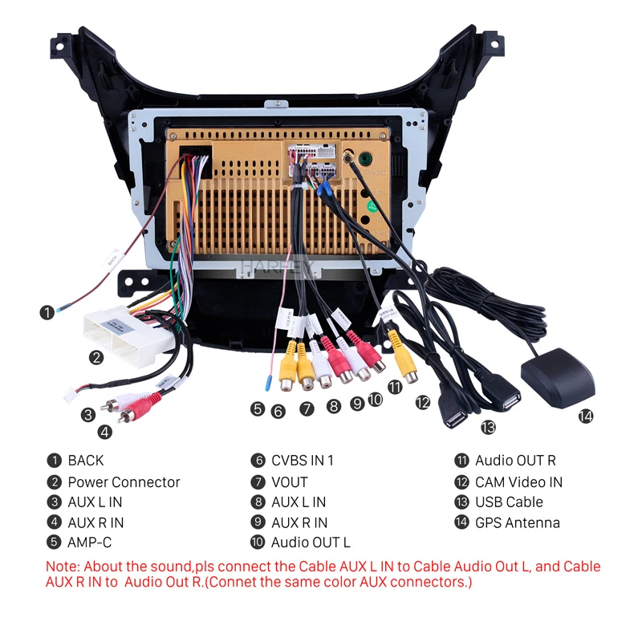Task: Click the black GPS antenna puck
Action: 559,375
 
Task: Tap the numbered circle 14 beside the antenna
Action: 586,416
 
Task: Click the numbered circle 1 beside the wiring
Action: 48,313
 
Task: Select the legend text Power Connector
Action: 124,482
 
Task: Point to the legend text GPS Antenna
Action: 518,522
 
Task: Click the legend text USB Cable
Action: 509,502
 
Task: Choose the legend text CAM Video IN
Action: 518,482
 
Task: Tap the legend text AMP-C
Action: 89,542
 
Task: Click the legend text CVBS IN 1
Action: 302,461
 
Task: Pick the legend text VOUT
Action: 290,482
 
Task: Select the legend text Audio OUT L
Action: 311,542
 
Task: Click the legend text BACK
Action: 86,461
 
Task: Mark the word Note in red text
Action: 63,566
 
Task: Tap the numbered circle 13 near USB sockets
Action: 488,426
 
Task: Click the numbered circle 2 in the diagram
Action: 96,358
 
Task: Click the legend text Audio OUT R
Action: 515,461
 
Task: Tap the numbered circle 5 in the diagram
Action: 257,408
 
